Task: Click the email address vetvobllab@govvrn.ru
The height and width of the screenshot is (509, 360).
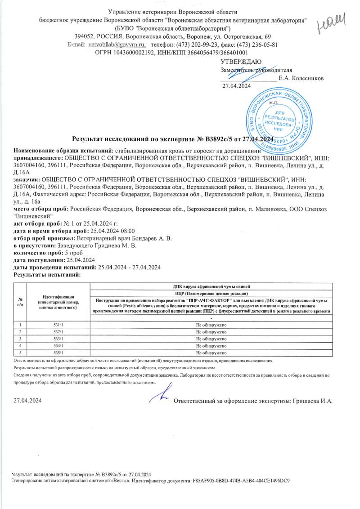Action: [x=117, y=45]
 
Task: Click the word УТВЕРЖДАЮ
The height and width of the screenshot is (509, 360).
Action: [x=240, y=62]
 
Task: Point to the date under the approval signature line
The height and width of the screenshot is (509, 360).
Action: [x=237, y=86]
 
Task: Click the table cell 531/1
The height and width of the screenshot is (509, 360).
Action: [x=59, y=324]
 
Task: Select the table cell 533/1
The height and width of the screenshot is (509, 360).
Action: [x=59, y=338]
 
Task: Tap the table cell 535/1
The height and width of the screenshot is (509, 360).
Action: [x=59, y=353]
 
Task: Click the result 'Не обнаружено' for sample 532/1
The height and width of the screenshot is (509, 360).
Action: [x=211, y=331]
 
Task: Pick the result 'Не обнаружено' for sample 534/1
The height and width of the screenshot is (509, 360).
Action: [x=211, y=346]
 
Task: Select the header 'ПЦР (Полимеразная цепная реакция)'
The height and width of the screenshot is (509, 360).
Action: [x=211, y=293]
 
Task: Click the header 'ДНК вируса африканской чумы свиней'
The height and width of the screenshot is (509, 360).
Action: [x=211, y=286]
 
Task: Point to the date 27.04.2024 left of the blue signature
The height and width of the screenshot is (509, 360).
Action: [x=27, y=401]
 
